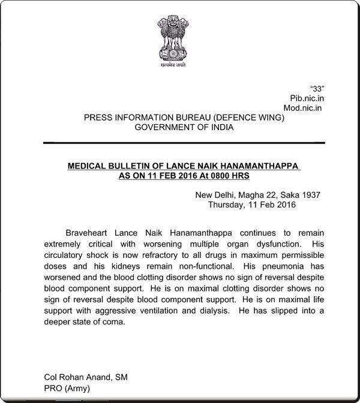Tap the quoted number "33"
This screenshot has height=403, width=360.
click(x=315, y=88)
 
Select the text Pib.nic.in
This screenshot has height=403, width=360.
click(x=303, y=98)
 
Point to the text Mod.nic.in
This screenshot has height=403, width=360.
click(x=302, y=108)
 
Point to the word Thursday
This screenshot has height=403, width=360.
click(x=230, y=204)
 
